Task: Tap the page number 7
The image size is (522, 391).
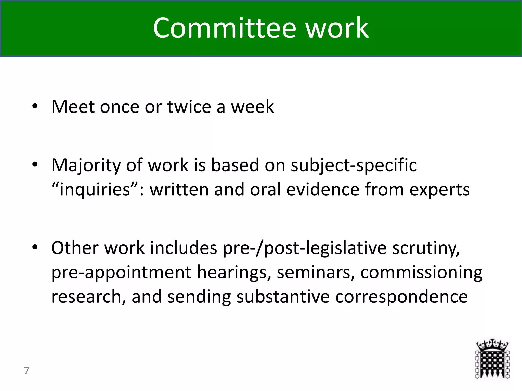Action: click(27, 370)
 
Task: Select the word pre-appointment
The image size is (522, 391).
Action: click(121, 272)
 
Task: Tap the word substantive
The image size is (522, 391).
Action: click(283, 296)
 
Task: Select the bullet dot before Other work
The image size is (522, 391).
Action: click(35, 247)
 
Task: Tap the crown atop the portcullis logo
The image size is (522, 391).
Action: click(492, 345)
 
